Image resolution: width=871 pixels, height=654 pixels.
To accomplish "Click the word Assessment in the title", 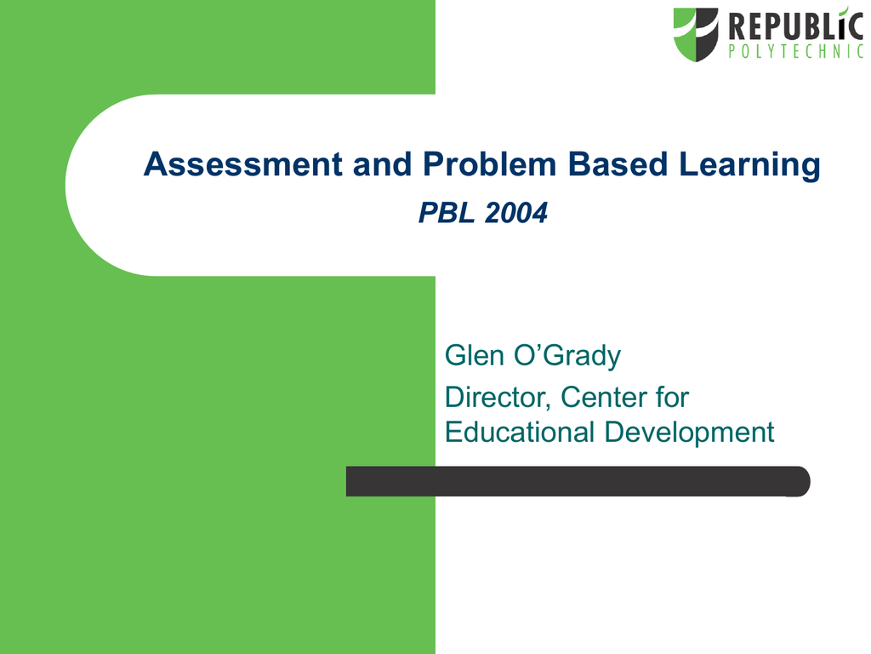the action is coord(243,164).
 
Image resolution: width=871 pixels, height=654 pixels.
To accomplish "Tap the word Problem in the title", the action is coord(489,164).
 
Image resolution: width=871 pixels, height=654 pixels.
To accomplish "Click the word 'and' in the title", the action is coord(383,164).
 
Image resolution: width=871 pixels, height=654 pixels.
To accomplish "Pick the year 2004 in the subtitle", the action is coord(516,213).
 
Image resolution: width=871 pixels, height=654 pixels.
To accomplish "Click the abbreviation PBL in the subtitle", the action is coord(447,213).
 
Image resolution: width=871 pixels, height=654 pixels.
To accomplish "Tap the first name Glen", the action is coord(475,355).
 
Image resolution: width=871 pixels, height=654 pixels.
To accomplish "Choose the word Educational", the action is coord(520,432).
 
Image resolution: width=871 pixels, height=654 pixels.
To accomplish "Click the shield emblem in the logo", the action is coord(696,34).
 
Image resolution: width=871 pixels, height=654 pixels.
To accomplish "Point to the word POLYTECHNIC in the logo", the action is coord(796,51).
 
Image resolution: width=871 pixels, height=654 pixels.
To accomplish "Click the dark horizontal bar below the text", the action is coord(578,481).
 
